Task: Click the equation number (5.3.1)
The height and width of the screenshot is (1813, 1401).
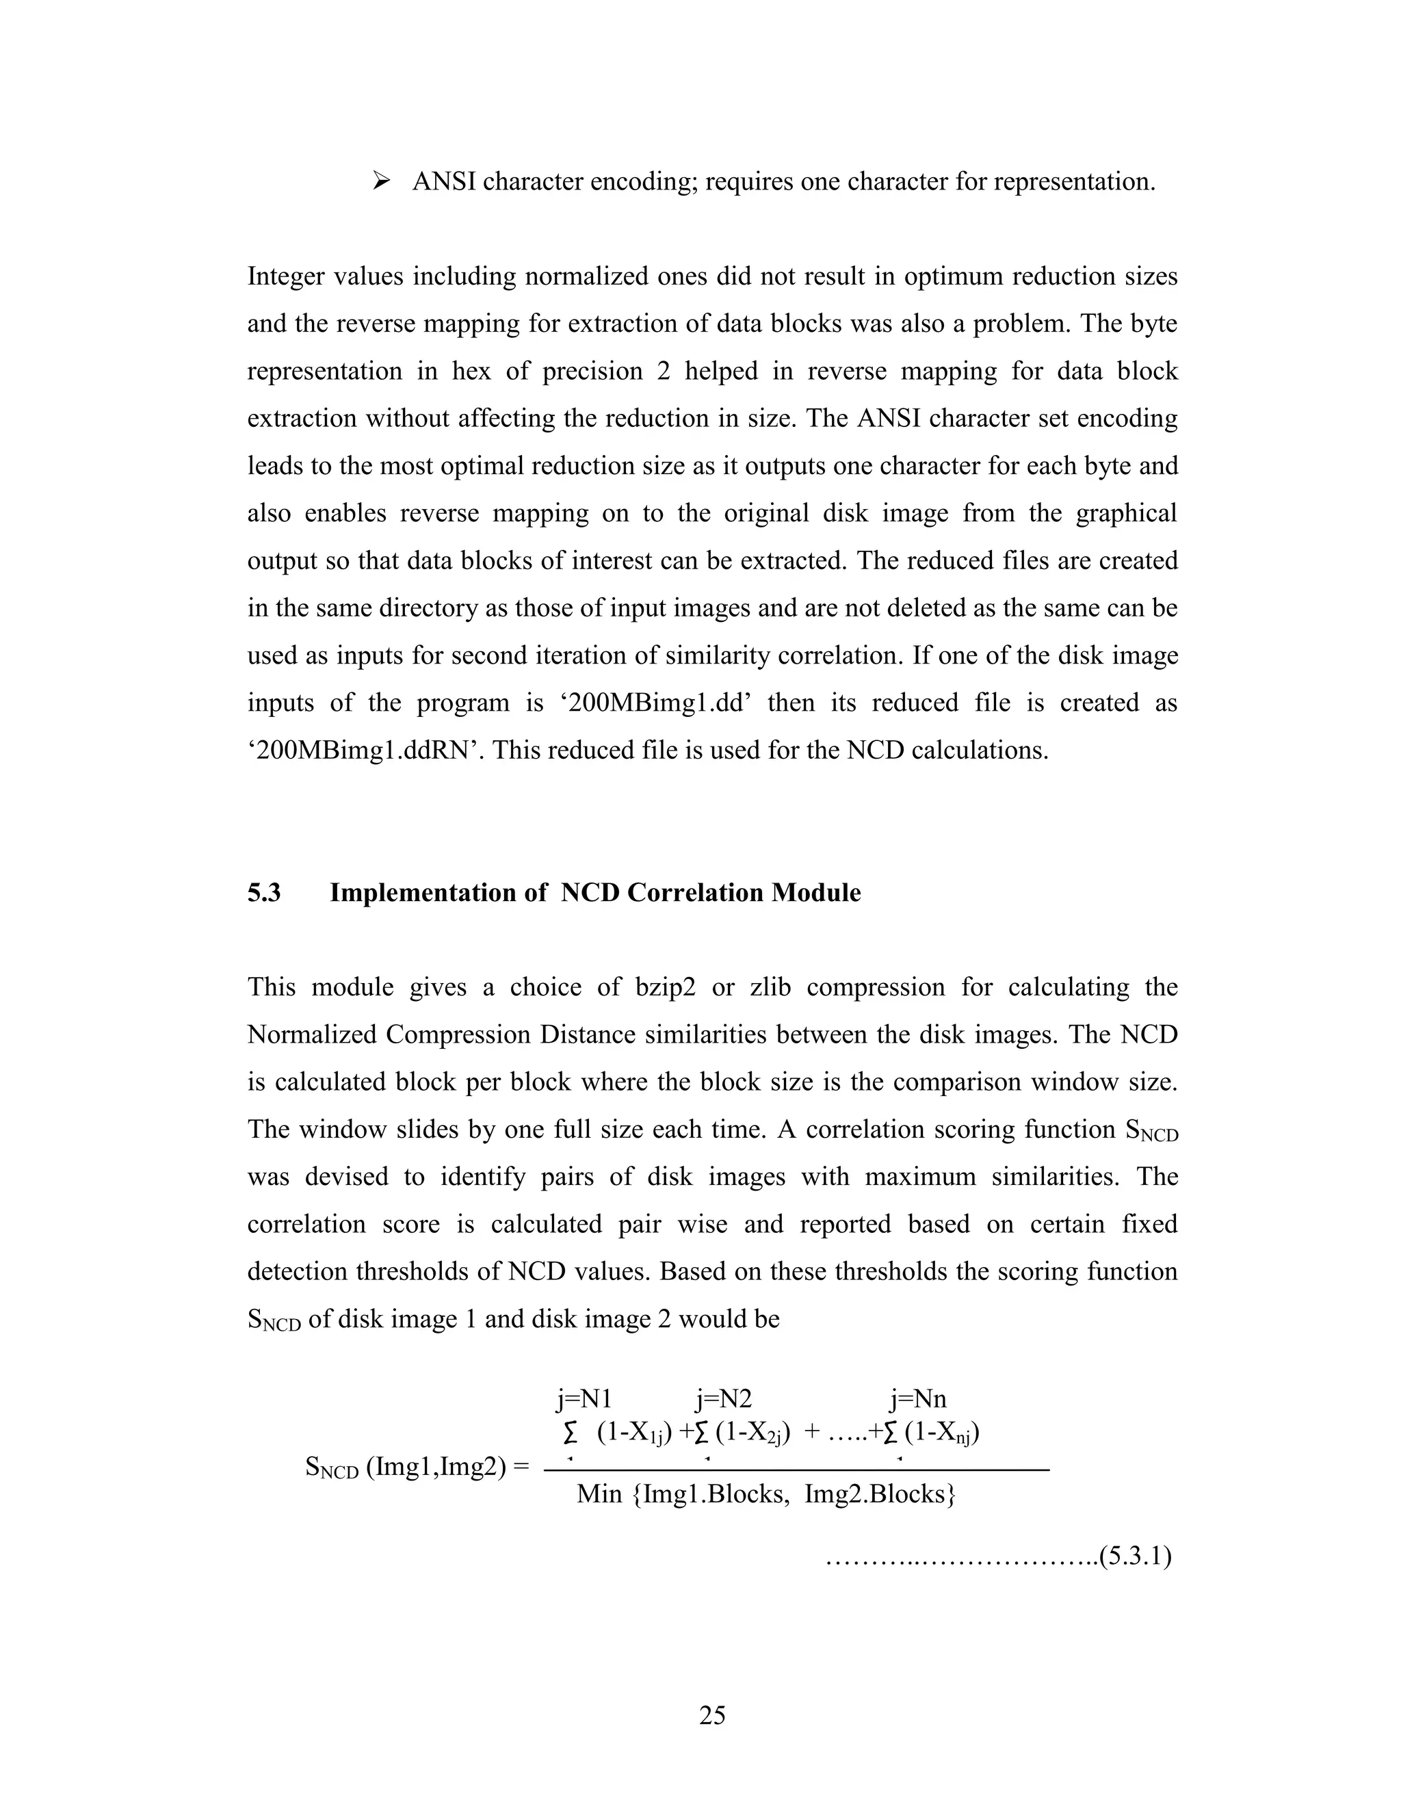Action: click(1135, 1556)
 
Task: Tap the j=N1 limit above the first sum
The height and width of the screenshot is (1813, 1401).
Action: click(584, 1400)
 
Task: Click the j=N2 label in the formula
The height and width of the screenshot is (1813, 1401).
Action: click(724, 1400)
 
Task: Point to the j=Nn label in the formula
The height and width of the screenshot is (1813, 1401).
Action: click(918, 1400)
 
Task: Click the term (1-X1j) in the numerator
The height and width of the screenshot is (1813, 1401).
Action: click(633, 1433)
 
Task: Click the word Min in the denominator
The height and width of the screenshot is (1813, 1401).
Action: click(599, 1495)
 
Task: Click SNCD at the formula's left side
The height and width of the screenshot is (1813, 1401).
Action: click(332, 1468)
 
